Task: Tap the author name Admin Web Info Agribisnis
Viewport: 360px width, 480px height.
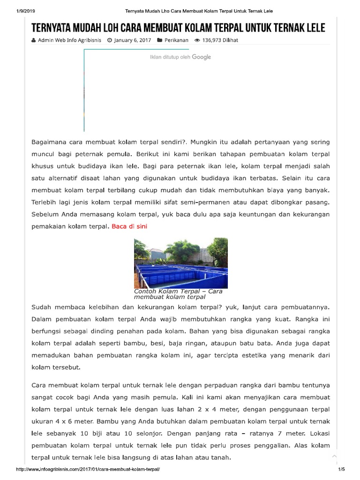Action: pos(70,40)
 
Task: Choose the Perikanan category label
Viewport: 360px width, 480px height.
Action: pos(176,40)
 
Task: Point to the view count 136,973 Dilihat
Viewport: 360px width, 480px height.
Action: pos(220,40)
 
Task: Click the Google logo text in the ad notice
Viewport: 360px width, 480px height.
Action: pos(201,57)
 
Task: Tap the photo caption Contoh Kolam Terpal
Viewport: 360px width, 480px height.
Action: pos(178,294)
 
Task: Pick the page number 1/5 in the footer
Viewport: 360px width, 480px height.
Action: pos(341,469)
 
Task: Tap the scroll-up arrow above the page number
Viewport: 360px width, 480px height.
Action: pos(334,456)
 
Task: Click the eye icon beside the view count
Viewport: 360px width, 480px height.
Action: pos(197,40)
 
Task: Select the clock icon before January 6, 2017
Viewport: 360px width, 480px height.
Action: pos(109,40)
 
